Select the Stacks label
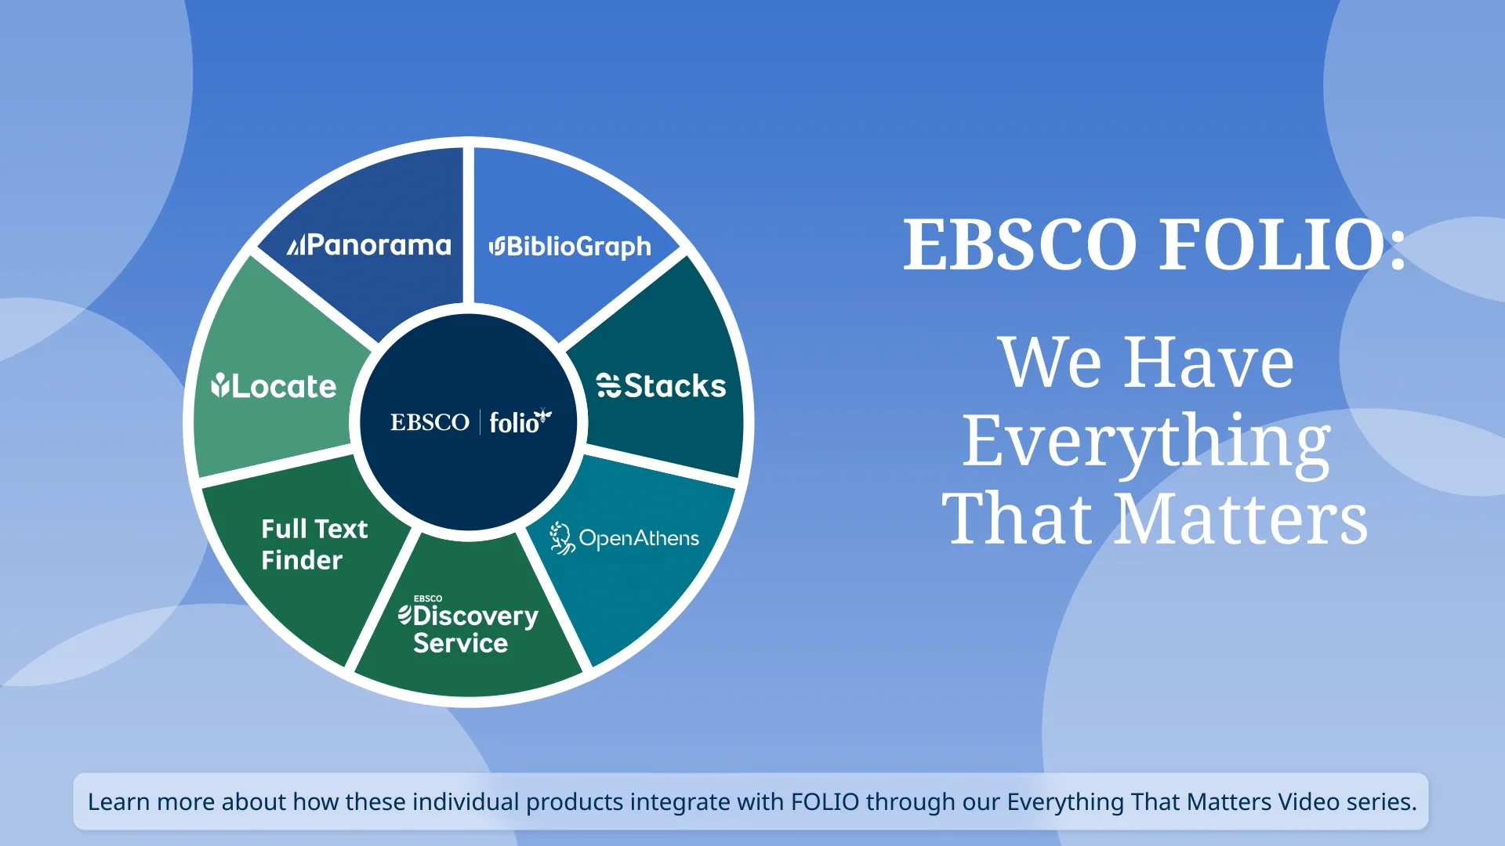(675, 386)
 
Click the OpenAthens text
(639, 539)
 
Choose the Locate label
(283, 387)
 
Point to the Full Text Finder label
(314, 544)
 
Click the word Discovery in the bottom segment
(475, 616)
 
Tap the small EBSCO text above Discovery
(428, 598)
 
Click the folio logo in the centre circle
(514, 424)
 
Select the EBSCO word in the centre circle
(430, 423)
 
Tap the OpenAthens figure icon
(561, 538)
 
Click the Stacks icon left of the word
(608, 385)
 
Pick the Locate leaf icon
(219, 385)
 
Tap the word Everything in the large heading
(1146, 441)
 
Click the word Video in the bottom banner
(1308, 802)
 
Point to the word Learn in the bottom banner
(118, 802)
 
